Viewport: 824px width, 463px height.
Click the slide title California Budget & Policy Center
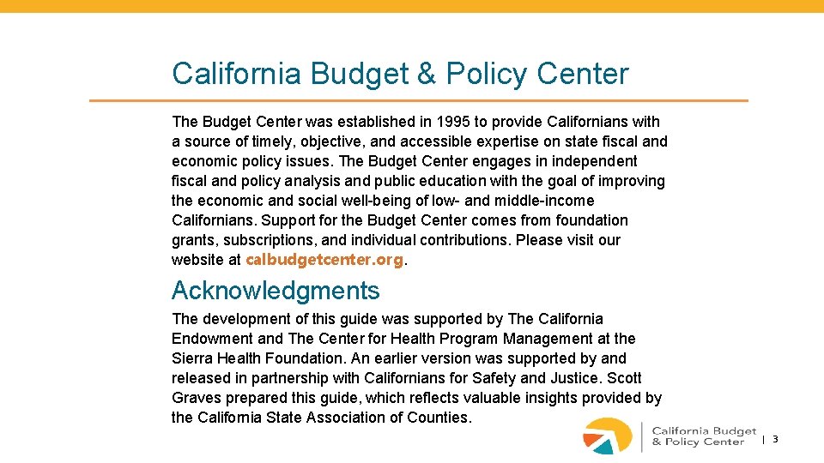(400, 74)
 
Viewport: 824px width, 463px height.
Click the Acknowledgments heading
(276, 291)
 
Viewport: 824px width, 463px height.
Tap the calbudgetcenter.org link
(324, 260)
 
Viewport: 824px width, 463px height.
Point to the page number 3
(775, 439)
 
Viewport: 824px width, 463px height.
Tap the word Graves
(197, 398)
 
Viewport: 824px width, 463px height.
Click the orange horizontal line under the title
(419, 101)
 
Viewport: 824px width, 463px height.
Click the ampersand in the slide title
(426, 74)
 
